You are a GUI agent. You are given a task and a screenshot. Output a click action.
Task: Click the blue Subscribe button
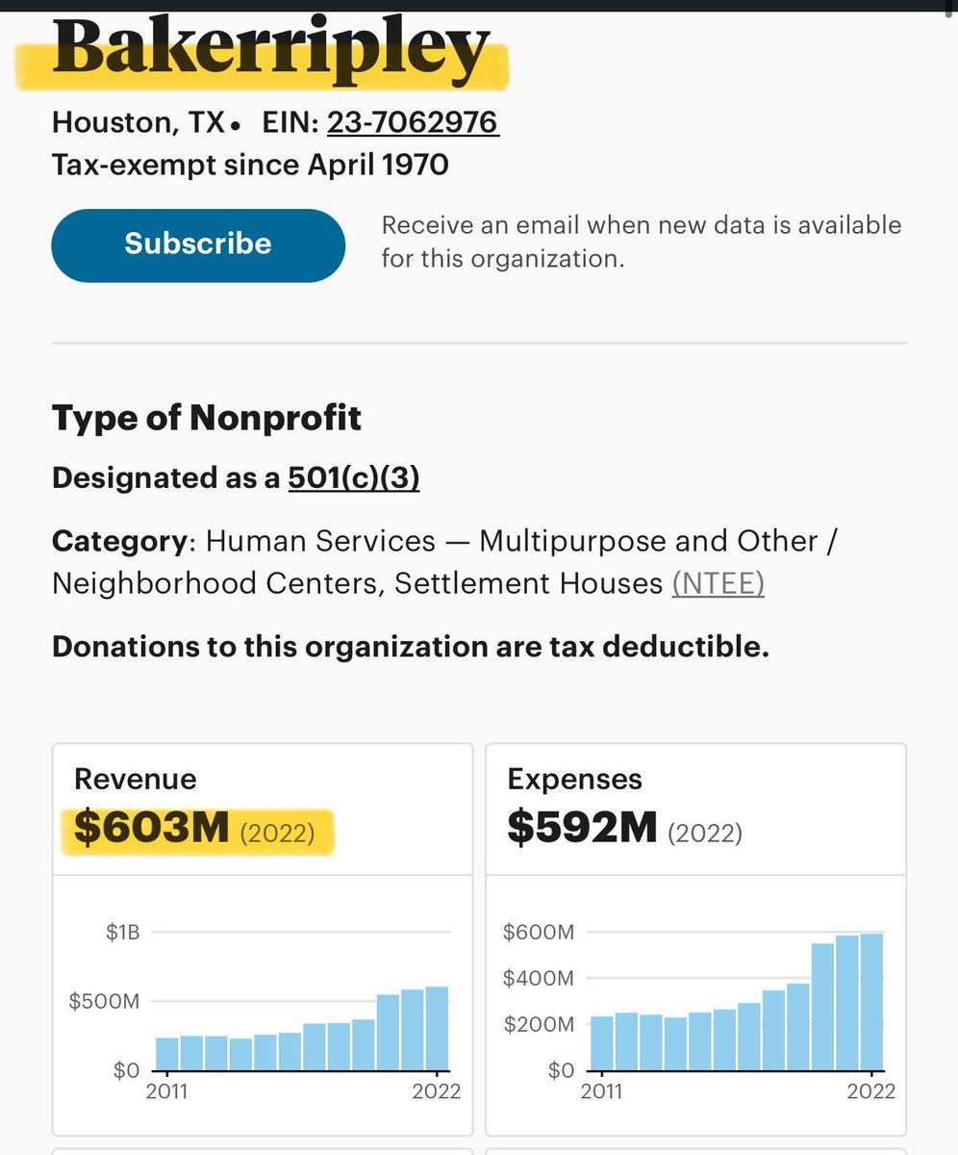tap(198, 244)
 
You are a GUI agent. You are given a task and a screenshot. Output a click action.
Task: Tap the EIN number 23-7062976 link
tap(413, 123)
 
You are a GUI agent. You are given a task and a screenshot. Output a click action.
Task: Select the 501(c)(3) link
tap(354, 477)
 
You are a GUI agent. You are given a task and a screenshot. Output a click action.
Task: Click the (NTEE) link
tap(718, 583)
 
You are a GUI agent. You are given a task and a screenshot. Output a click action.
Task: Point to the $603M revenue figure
tap(152, 830)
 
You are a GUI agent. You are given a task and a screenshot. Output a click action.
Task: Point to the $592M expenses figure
tap(583, 830)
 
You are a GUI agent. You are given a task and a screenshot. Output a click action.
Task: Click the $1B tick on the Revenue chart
tap(123, 932)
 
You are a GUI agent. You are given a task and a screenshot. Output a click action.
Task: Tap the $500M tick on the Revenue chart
tap(104, 1001)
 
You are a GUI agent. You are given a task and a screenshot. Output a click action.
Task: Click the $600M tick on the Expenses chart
tap(539, 932)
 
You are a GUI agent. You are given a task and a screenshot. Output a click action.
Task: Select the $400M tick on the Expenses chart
tap(539, 978)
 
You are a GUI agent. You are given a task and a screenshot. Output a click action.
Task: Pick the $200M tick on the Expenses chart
tap(539, 1024)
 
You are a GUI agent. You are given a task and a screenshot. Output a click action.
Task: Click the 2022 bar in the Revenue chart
tap(438, 1028)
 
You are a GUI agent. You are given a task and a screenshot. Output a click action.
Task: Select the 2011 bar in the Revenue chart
tap(167, 1054)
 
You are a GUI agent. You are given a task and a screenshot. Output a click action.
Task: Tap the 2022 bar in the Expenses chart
tap(871, 1001)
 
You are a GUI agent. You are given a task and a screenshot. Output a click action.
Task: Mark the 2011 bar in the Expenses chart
tap(602, 1043)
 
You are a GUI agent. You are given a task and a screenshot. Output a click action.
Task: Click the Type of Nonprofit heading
tap(207, 419)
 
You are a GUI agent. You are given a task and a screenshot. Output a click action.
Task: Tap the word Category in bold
tap(118, 541)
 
